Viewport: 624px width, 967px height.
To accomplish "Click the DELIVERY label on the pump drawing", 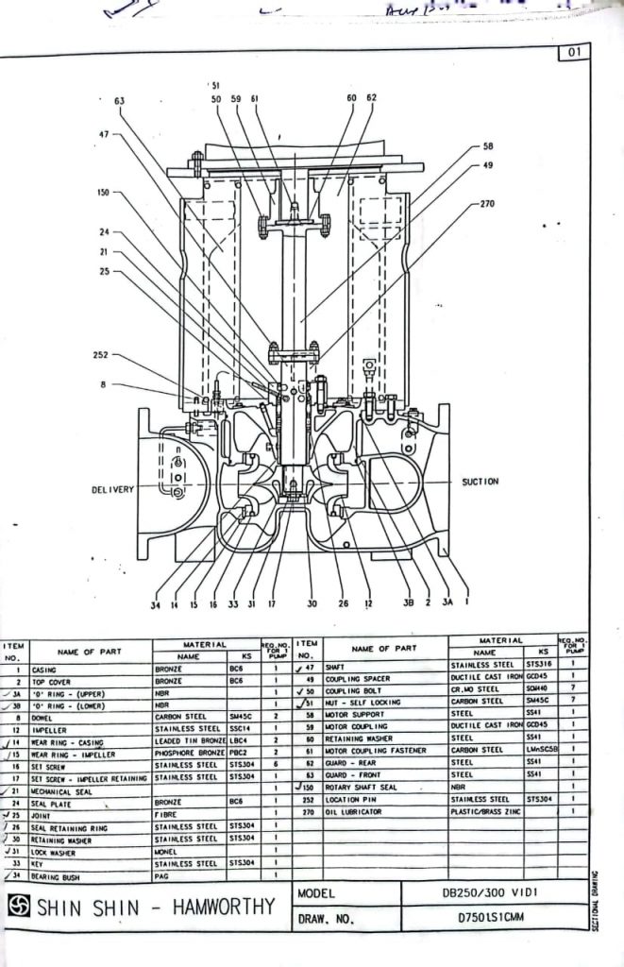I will tap(113, 489).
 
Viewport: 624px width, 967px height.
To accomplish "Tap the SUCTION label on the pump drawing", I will tap(480, 482).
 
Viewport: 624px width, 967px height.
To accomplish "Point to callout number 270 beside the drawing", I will tap(487, 203).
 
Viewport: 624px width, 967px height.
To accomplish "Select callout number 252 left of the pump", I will tap(102, 355).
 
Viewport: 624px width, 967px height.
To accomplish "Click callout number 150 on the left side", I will tap(103, 192).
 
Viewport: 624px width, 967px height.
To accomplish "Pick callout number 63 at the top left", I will tap(120, 100).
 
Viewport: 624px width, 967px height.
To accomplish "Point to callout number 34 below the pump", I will tap(155, 604).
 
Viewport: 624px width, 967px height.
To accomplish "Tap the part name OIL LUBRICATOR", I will tap(354, 812).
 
